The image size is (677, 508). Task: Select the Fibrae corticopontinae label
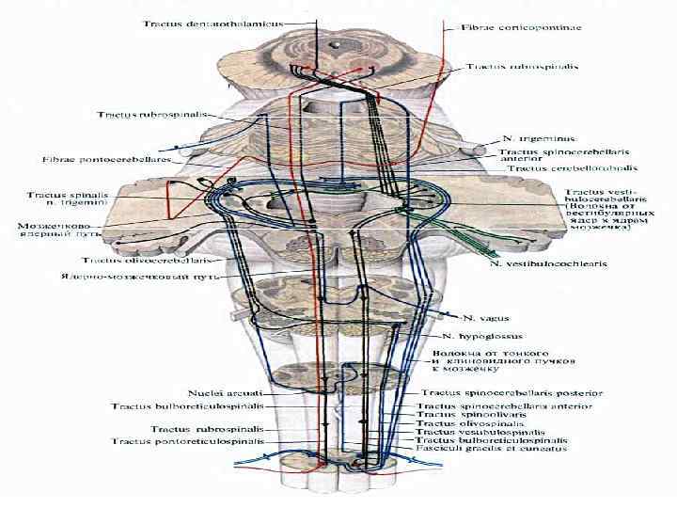coord(522,27)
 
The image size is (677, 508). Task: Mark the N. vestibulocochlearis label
coord(549,264)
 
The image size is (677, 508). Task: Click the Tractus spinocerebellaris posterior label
coord(506,392)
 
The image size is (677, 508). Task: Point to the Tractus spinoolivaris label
coord(465,415)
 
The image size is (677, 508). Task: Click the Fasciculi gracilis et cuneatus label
coord(480,449)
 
